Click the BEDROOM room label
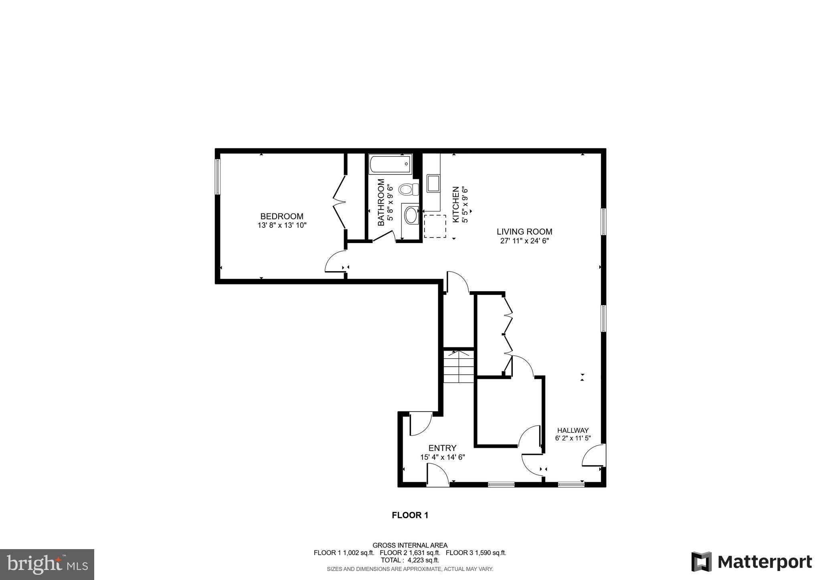(x=282, y=216)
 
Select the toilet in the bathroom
(x=409, y=189)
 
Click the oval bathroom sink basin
(x=411, y=216)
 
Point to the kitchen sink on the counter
(x=433, y=183)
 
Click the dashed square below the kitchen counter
(x=435, y=226)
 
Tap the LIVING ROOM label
(x=524, y=231)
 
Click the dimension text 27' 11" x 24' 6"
(x=524, y=241)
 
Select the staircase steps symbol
(x=459, y=367)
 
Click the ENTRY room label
(x=442, y=448)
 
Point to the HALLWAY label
(x=573, y=430)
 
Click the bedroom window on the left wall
(x=218, y=176)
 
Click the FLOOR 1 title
(x=410, y=515)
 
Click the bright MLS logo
(x=47, y=565)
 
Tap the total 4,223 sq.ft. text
(x=410, y=560)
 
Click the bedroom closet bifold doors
(x=340, y=202)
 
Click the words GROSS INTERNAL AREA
(x=410, y=545)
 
